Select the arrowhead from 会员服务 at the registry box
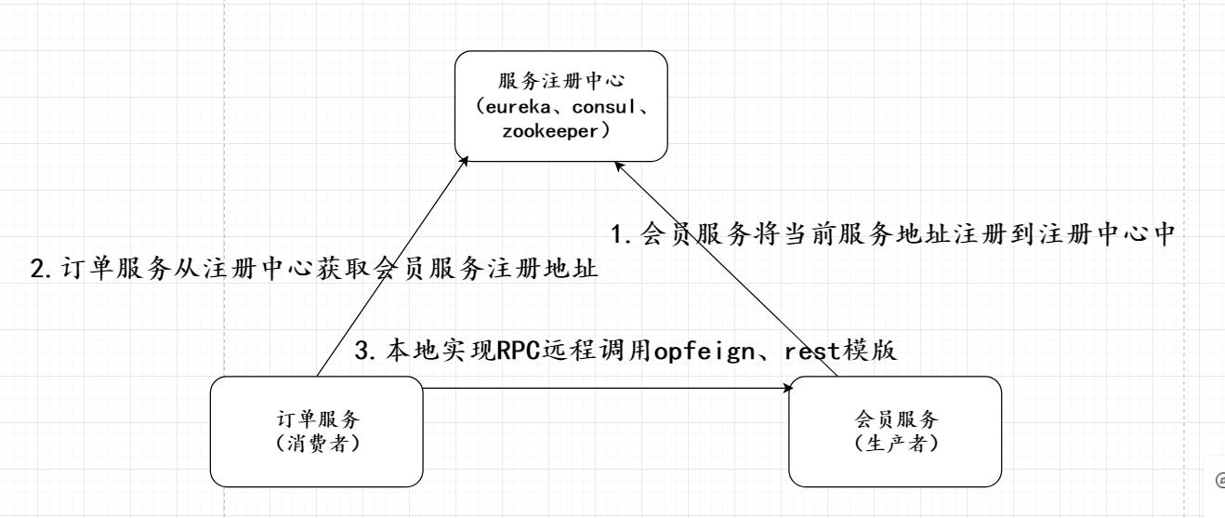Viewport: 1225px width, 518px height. (619, 166)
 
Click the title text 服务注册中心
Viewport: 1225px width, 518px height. (560, 83)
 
